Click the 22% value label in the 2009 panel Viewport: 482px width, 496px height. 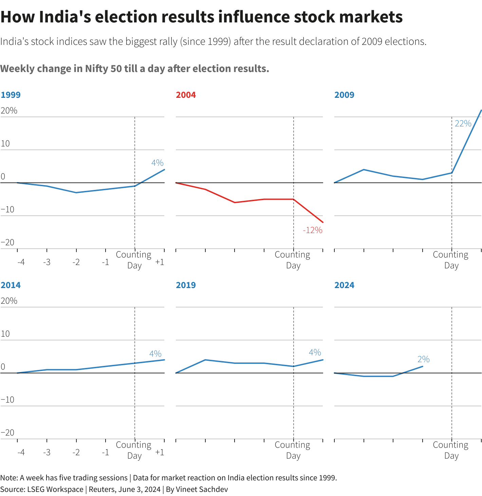click(463, 124)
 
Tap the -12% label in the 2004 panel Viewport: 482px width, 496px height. click(312, 230)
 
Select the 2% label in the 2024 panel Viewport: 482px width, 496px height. click(423, 359)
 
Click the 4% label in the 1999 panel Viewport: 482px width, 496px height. click(157, 163)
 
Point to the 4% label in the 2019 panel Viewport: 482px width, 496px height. click(315, 352)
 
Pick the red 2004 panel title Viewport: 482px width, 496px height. click(186, 95)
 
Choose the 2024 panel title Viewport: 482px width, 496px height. click(344, 285)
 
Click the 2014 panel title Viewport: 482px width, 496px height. click(11, 285)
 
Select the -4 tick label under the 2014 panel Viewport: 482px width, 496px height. click(21, 453)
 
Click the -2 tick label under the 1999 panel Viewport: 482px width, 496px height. click(76, 262)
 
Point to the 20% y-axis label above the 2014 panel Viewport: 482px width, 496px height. click(9, 301)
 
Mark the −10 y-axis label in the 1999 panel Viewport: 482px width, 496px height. click(7, 209)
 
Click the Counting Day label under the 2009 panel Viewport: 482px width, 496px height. click(451, 260)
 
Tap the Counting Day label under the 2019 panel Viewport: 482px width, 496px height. click(293, 450)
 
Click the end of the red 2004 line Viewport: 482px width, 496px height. click(323, 223)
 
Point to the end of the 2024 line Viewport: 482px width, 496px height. click(423, 366)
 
